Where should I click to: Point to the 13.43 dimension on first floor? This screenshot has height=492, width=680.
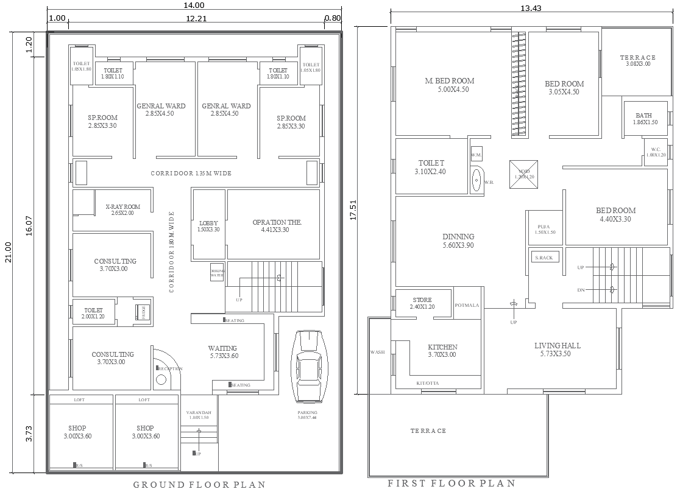[531, 8]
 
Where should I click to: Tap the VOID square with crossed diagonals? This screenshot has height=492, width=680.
[524, 171]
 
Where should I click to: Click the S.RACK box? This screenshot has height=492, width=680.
[544, 258]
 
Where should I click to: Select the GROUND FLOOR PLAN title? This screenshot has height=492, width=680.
[199, 485]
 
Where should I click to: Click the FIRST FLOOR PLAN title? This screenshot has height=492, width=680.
[452, 483]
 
